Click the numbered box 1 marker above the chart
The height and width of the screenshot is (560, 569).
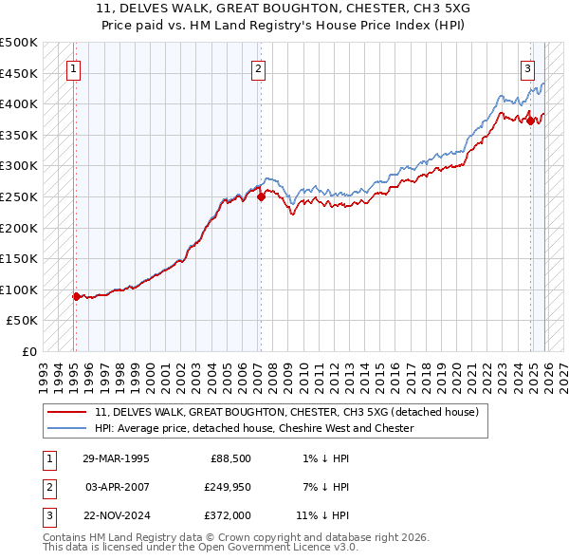tap(73, 67)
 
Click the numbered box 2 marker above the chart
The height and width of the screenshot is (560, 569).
tap(258, 67)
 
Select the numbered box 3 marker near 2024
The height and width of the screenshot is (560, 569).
tap(527, 67)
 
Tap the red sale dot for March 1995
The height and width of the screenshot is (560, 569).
tap(76, 296)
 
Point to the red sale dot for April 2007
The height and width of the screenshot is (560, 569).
tap(261, 196)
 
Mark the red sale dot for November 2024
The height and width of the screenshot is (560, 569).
tap(531, 121)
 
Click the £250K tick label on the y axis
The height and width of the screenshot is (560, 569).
tap(19, 196)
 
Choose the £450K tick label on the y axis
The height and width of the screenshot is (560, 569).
tap(19, 73)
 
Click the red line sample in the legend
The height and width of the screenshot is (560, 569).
tap(67, 413)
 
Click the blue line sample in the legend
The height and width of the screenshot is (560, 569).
tap(67, 428)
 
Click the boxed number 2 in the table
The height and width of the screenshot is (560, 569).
tap(48, 488)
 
